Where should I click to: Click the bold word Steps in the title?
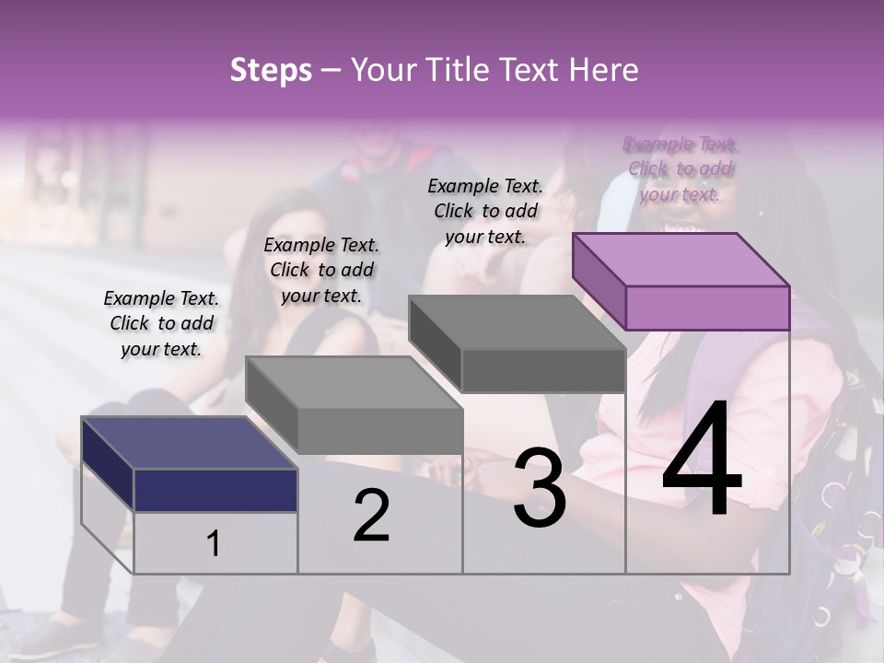click(271, 70)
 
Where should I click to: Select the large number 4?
click(702, 459)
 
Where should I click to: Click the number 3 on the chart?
click(540, 488)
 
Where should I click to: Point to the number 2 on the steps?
click(371, 515)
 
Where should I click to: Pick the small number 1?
click(213, 543)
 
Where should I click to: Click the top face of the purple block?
click(681, 260)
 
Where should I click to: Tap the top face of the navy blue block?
click(189, 443)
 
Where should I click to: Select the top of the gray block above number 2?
click(354, 382)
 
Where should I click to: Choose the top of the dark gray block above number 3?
click(518, 322)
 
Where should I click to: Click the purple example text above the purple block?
click(680, 169)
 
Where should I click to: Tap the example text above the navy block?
click(161, 323)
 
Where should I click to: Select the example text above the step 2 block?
click(321, 270)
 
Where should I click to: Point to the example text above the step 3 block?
click(485, 211)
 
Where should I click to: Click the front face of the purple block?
click(707, 308)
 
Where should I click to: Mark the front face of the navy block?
click(215, 490)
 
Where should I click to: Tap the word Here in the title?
click(604, 70)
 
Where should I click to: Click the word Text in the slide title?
click(532, 70)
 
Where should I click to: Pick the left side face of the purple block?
click(599, 281)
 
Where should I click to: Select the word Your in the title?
click(382, 70)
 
